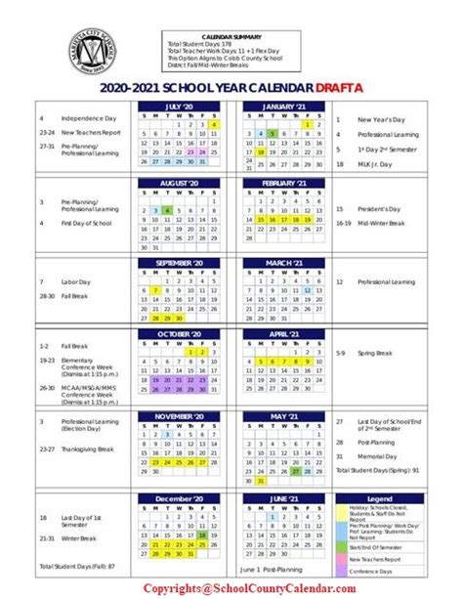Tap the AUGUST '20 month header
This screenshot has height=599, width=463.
[183, 183]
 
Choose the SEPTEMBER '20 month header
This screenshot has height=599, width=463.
[183, 263]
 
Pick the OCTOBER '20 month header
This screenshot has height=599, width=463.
[183, 334]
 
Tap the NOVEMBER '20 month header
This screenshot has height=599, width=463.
[183, 415]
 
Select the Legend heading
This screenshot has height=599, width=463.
[378, 498]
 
